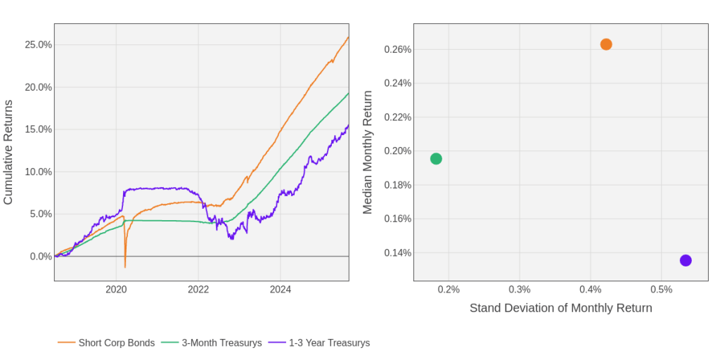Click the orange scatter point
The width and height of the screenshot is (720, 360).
click(x=606, y=44)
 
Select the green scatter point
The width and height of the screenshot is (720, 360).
click(x=436, y=159)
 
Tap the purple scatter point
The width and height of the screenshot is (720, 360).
click(x=686, y=261)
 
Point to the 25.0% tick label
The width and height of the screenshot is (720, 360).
click(x=39, y=45)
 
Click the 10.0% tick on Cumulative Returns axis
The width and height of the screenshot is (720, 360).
click(x=39, y=172)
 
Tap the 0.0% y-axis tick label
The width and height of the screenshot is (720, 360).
click(x=41, y=257)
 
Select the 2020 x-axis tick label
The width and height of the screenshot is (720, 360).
click(x=116, y=289)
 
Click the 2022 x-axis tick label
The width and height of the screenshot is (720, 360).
click(x=198, y=289)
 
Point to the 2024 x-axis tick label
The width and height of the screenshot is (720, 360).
click(x=281, y=289)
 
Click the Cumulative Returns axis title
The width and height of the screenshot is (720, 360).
click(x=8, y=152)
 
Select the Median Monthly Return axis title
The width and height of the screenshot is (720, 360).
click(x=367, y=152)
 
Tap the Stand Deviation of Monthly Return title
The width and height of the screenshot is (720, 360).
click(x=560, y=308)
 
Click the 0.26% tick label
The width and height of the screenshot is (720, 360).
click(x=397, y=50)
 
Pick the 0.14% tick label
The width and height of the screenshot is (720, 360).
click(x=397, y=253)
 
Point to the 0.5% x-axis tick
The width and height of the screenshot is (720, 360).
click(x=661, y=289)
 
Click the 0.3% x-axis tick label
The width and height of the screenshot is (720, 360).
click(x=519, y=289)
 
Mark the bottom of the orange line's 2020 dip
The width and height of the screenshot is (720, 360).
click(x=125, y=267)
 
